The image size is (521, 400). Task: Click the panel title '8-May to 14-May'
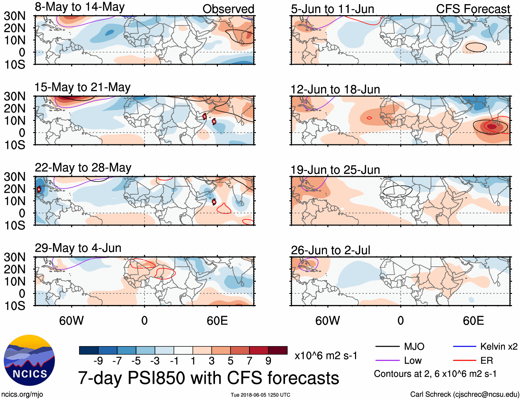point(80,7)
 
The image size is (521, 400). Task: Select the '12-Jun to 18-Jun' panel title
point(335,89)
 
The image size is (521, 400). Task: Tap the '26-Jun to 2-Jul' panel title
point(330,250)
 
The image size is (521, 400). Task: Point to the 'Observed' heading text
point(228,9)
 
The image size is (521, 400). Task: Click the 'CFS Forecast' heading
point(473,9)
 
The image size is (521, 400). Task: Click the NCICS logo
point(29,360)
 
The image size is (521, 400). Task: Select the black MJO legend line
point(387,346)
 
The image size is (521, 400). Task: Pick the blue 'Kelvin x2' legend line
point(464,346)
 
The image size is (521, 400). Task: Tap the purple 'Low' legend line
point(387,361)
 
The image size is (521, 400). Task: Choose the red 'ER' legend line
point(464,361)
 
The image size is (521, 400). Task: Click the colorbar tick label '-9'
point(98,361)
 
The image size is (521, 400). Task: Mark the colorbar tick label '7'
point(249,361)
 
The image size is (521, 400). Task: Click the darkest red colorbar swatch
point(278,350)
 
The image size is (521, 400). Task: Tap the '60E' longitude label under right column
point(473,321)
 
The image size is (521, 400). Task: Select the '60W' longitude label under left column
point(71,321)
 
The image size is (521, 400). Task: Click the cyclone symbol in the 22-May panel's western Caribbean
point(39,189)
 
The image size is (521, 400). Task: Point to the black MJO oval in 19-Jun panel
point(397,191)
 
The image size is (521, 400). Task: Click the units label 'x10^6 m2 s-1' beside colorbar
point(326,356)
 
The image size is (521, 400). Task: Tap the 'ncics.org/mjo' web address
point(22,394)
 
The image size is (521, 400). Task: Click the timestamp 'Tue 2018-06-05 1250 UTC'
point(260,395)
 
